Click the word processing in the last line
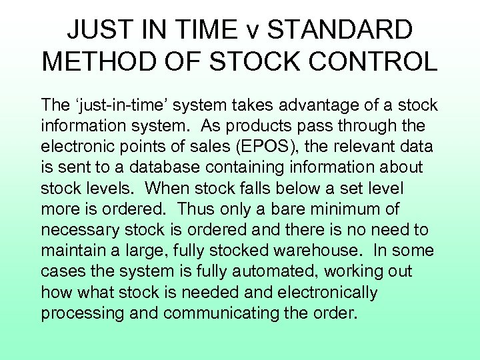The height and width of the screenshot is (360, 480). click(81, 313)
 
